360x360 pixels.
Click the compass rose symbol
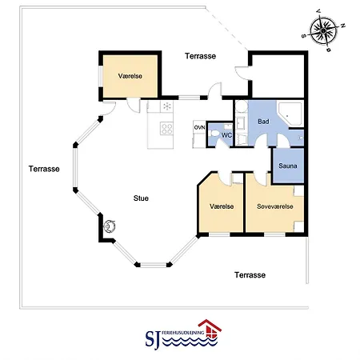pyautogui.click(x=324, y=30)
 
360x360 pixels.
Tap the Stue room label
pyautogui.click(x=141, y=198)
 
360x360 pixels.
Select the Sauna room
pyautogui.click(x=288, y=166)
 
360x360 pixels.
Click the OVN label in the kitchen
pyautogui.click(x=199, y=128)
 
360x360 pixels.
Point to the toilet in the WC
pyautogui.click(x=214, y=133)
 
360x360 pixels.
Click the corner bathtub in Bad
pyautogui.click(x=290, y=114)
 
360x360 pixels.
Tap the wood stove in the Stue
pyautogui.click(x=109, y=226)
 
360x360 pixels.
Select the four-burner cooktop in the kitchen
pyautogui.click(x=166, y=129)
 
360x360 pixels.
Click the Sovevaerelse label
pyautogui.click(x=275, y=206)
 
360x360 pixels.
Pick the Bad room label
pyautogui.click(x=263, y=122)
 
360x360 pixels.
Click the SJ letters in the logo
pyautogui.click(x=153, y=339)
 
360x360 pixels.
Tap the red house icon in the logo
pyautogui.click(x=210, y=330)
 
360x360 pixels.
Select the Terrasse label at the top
pyautogui.click(x=201, y=56)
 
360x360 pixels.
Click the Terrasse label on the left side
pyautogui.click(x=44, y=169)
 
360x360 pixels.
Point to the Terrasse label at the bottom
pyautogui.click(x=250, y=275)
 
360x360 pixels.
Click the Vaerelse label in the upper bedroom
pyautogui.click(x=130, y=76)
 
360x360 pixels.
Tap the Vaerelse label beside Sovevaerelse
pyautogui.click(x=222, y=206)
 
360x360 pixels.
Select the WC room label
pyautogui.click(x=226, y=135)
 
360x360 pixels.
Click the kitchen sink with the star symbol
pyautogui.click(x=167, y=106)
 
